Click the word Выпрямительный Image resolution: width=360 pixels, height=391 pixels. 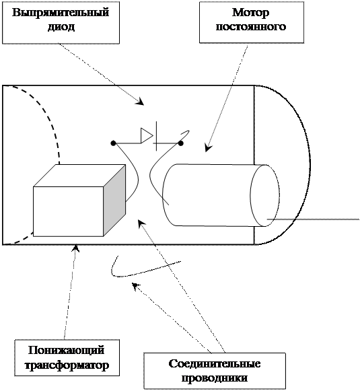point(61,12)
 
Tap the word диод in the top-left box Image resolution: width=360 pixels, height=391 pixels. point(61,27)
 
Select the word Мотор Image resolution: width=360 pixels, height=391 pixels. point(251,13)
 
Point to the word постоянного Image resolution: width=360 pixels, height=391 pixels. point(251,26)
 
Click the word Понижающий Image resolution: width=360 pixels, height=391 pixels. point(66,350)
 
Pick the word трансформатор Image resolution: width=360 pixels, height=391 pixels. point(67,365)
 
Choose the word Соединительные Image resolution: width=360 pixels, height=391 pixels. point(215,363)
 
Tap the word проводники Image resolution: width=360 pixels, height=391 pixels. point(215,378)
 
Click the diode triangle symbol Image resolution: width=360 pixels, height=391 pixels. point(147,136)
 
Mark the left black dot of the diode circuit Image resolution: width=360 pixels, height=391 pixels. point(113,143)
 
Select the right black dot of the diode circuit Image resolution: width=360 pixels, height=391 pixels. point(181,143)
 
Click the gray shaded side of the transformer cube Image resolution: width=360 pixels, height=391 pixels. point(114,201)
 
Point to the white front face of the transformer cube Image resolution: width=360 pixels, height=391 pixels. point(69,211)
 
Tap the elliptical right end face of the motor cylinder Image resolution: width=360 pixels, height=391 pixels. point(264,195)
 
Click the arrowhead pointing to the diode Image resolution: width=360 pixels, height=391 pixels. point(141,101)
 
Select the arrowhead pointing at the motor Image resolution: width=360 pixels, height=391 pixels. point(208,147)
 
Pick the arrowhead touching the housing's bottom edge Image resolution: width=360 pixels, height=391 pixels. point(76,248)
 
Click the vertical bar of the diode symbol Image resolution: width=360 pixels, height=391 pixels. point(157,136)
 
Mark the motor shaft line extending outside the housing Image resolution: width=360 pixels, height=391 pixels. point(313,219)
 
